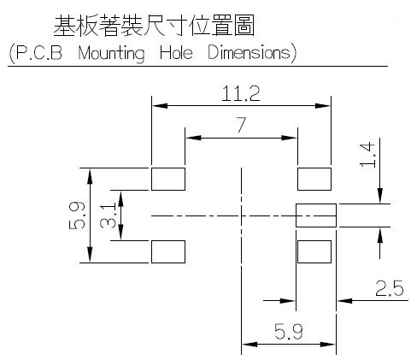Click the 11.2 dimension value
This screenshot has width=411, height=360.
tap(241, 93)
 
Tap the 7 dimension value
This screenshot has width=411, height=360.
tap(241, 125)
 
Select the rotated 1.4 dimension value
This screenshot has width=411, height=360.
tap(367, 155)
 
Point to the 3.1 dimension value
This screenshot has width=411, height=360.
tap(108, 215)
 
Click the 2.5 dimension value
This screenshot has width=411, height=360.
tap(390, 288)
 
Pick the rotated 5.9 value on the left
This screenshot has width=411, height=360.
tap(77, 215)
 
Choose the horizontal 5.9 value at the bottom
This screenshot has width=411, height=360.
tap(289, 332)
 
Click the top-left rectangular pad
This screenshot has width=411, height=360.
tap(168, 179)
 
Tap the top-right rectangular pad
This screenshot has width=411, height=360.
tap(314, 179)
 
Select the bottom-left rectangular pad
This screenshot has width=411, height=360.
tap(168, 251)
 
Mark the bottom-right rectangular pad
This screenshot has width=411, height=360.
tap(314, 251)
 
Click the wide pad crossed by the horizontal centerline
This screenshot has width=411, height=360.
tap(316, 215)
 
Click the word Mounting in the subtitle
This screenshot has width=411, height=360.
tap(111, 54)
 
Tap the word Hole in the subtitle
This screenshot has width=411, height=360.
tap(176, 52)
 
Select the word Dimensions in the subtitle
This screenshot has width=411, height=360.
tap(249, 52)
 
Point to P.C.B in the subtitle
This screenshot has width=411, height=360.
tap(39, 52)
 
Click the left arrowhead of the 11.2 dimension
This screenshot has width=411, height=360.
tap(160, 106)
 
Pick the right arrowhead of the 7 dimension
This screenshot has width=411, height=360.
tap(289, 138)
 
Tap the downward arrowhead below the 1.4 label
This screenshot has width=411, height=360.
tap(379, 196)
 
